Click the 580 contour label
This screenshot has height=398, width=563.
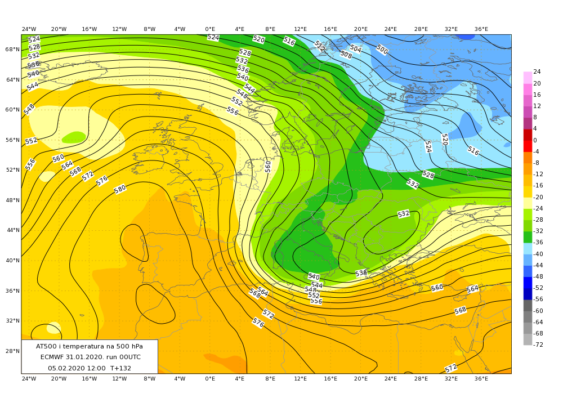120,189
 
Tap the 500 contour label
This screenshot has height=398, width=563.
382,50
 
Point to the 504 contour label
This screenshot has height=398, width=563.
356,48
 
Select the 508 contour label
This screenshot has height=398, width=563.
346,55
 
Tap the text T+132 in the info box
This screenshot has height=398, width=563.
120,368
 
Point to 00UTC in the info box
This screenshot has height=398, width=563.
128,357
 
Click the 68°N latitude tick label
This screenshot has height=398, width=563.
12,50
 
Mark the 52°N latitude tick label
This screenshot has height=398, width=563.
12,170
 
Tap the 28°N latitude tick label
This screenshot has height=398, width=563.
12,351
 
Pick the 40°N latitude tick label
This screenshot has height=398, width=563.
12,261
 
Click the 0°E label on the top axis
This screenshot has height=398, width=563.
210,29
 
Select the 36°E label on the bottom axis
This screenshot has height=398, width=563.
481,379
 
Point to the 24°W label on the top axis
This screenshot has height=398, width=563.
29,29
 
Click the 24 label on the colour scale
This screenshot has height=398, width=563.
537,71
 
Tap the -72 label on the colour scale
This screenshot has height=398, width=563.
538,344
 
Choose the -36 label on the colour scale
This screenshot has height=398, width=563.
538,242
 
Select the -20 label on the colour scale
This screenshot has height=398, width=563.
538,197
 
